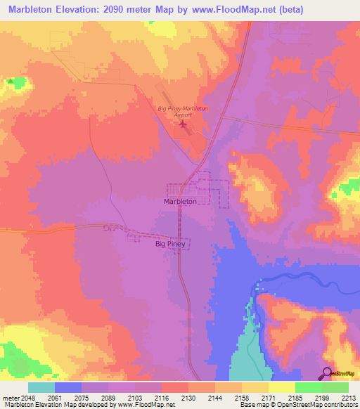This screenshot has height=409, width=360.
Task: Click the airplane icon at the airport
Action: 184,124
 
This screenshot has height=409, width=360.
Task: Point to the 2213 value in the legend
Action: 348,397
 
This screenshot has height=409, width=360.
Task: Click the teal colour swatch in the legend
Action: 41,387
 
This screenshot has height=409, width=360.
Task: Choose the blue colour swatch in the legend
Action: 67,387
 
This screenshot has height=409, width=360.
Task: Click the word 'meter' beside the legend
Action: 9,397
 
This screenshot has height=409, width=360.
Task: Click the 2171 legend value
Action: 268,397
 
